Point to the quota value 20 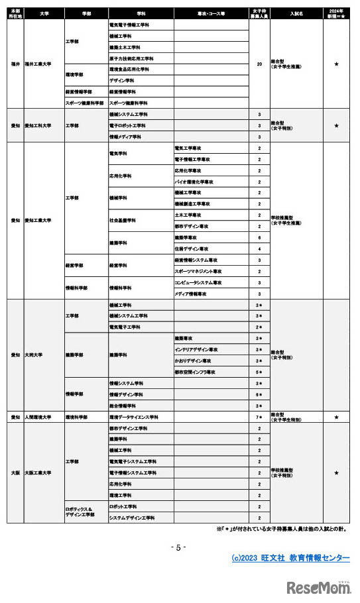pos(259,64)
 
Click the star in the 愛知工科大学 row pos(336,125)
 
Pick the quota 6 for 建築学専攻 pos(259,237)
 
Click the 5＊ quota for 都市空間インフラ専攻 pos(259,372)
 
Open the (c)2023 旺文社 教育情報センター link pos(290,558)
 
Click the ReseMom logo pos(318,587)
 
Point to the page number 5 pos(179,547)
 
